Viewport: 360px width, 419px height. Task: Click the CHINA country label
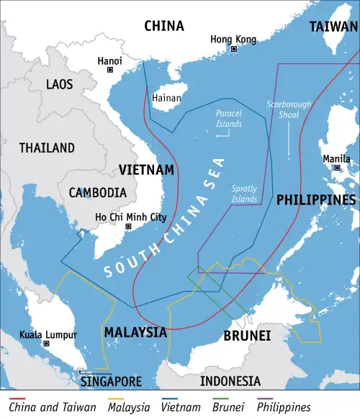pos(164,27)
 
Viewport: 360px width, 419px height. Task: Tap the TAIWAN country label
pos(333,27)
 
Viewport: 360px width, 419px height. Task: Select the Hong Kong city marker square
pos(234,49)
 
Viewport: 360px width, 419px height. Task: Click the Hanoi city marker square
pos(110,70)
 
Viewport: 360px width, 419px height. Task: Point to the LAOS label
pos(59,84)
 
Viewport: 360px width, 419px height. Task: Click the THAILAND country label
pos(47,148)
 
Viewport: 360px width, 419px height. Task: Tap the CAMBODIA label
pos(97,192)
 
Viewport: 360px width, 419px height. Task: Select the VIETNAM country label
pos(146,170)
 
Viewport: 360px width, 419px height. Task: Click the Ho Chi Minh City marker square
pos(129,226)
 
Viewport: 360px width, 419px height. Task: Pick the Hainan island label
pos(167,97)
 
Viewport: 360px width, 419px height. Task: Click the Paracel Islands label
pos(229,118)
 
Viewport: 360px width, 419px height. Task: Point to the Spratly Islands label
pos(244,194)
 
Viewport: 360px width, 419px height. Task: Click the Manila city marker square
pos(337,168)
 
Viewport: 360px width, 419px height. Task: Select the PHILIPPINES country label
pos(316,199)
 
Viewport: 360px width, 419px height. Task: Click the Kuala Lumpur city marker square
pos(47,344)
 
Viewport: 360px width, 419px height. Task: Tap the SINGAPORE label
pos(111,381)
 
